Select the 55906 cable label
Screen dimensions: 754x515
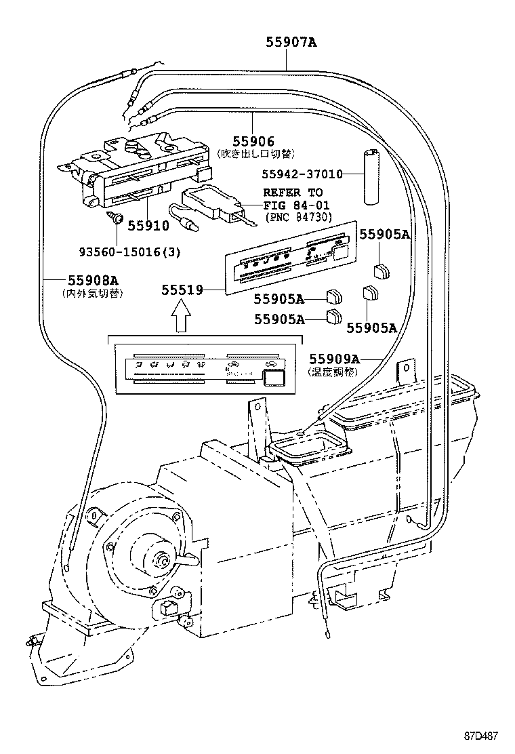[253, 141]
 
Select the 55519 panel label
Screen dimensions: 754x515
[182, 290]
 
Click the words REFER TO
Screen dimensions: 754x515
[293, 193]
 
